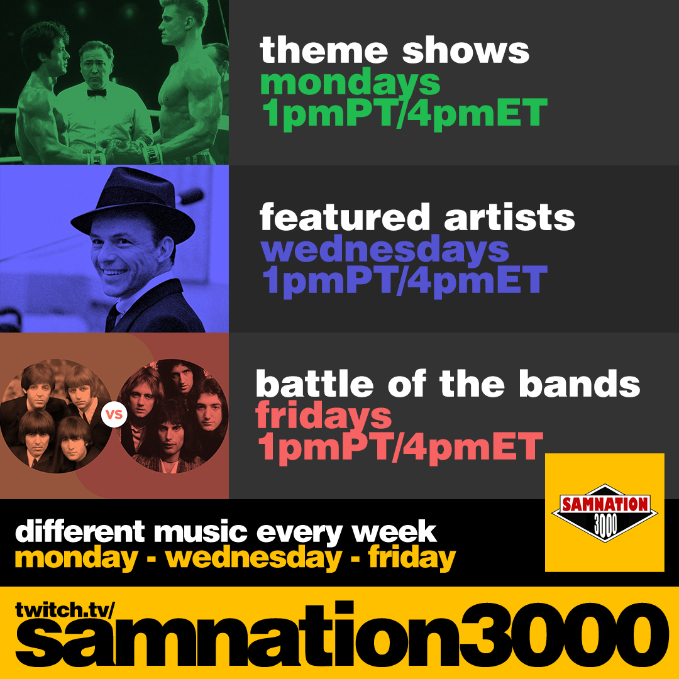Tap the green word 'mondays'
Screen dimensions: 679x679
point(350,83)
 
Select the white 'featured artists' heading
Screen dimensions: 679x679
point(417,218)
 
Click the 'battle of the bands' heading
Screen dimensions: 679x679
point(448,384)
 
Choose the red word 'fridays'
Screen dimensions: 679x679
point(324,416)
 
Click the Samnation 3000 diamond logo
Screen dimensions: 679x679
point(604,512)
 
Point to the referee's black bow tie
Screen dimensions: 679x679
point(96,92)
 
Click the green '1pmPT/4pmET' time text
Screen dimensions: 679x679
point(403,114)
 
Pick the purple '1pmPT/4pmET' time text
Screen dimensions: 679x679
point(403,281)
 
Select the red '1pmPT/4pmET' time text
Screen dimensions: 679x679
point(400,447)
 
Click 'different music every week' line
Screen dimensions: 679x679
point(226,533)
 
